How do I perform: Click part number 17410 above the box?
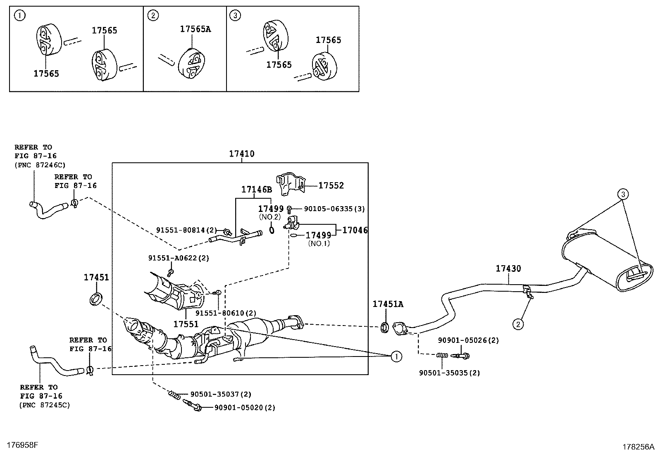pyautogui.click(x=242, y=154)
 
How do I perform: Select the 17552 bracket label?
pyautogui.click(x=331, y=186)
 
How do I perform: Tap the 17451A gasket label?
pyautogui.click(x=388, y=304)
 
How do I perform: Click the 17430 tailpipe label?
pyautogui.click(x=508, y=269)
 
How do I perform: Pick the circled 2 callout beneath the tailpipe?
pyautogui.click(x=519, y=324)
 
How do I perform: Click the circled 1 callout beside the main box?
pyautogui.click(x=396, y=357)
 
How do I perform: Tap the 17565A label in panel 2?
pyautogui.click(x=195, y=29)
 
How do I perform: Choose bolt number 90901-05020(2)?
pyautogui.click(x=245, y=408)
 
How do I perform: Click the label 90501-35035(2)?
pyautogui.click(x=449, y=373)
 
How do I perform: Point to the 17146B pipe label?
pyautogui.click(x=257, y=190)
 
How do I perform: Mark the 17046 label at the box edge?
pyautogui.click(x=355, y=231)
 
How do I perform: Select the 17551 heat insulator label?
pyautogui.click(x=186, y=324)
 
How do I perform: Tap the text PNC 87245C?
pyautogui.click(x=45, y=405)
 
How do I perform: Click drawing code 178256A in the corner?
pyautogui.click(x=639, y=447)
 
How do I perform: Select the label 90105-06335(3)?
pyautogui.click(x=334, y=209)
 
